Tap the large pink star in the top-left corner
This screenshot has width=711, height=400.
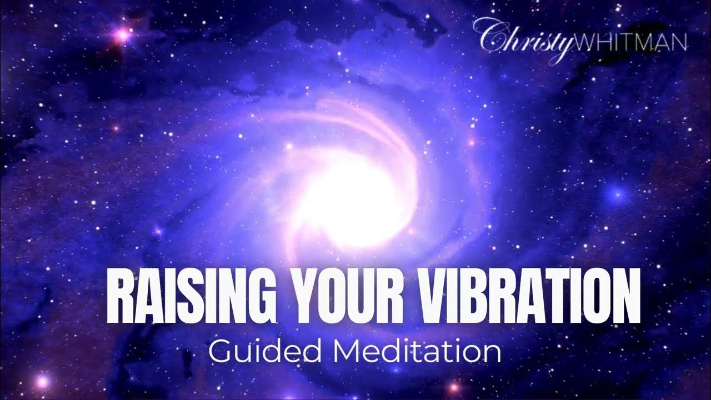click(122, 36)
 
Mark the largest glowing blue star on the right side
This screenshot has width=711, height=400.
click(616, 194)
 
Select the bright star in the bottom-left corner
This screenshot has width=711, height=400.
click(42, 382)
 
